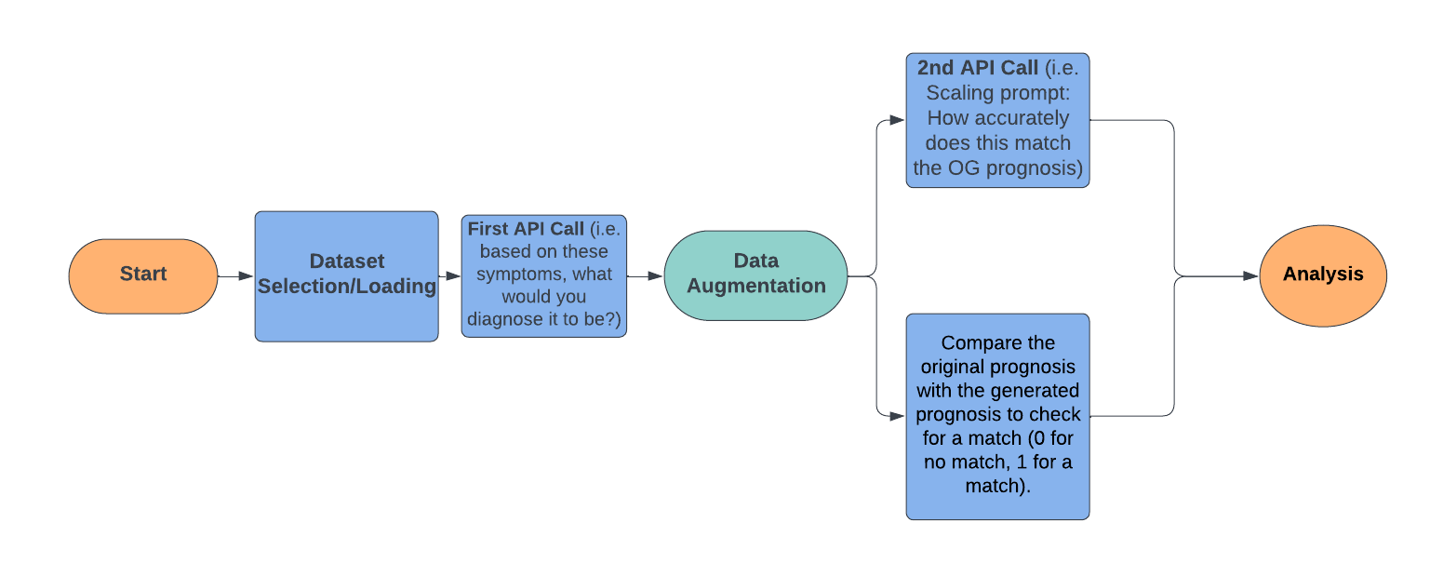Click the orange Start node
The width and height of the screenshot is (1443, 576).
click(x=142, y=275)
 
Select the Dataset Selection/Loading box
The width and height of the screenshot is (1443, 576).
click(x=346, y=275)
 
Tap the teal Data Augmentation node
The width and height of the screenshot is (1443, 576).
click(x=755, y=275)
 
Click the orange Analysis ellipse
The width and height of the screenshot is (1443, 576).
click(x=1322, y=275)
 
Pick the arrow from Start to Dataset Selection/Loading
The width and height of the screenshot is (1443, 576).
click(x=235, y=276)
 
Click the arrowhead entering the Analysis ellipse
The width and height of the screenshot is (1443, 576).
click(x=1251, y=276)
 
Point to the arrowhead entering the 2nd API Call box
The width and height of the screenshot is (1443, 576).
click(x=897, y=120)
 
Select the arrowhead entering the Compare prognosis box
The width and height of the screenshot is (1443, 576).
click(x=897, y=416)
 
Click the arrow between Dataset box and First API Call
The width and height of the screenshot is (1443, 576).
click(x=449, y=276)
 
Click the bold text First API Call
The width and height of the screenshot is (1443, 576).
click(x=526, y=229)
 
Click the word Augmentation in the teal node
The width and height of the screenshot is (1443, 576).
click(x=755, y=287)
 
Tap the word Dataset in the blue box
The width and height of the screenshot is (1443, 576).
click(x=346, y=261)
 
